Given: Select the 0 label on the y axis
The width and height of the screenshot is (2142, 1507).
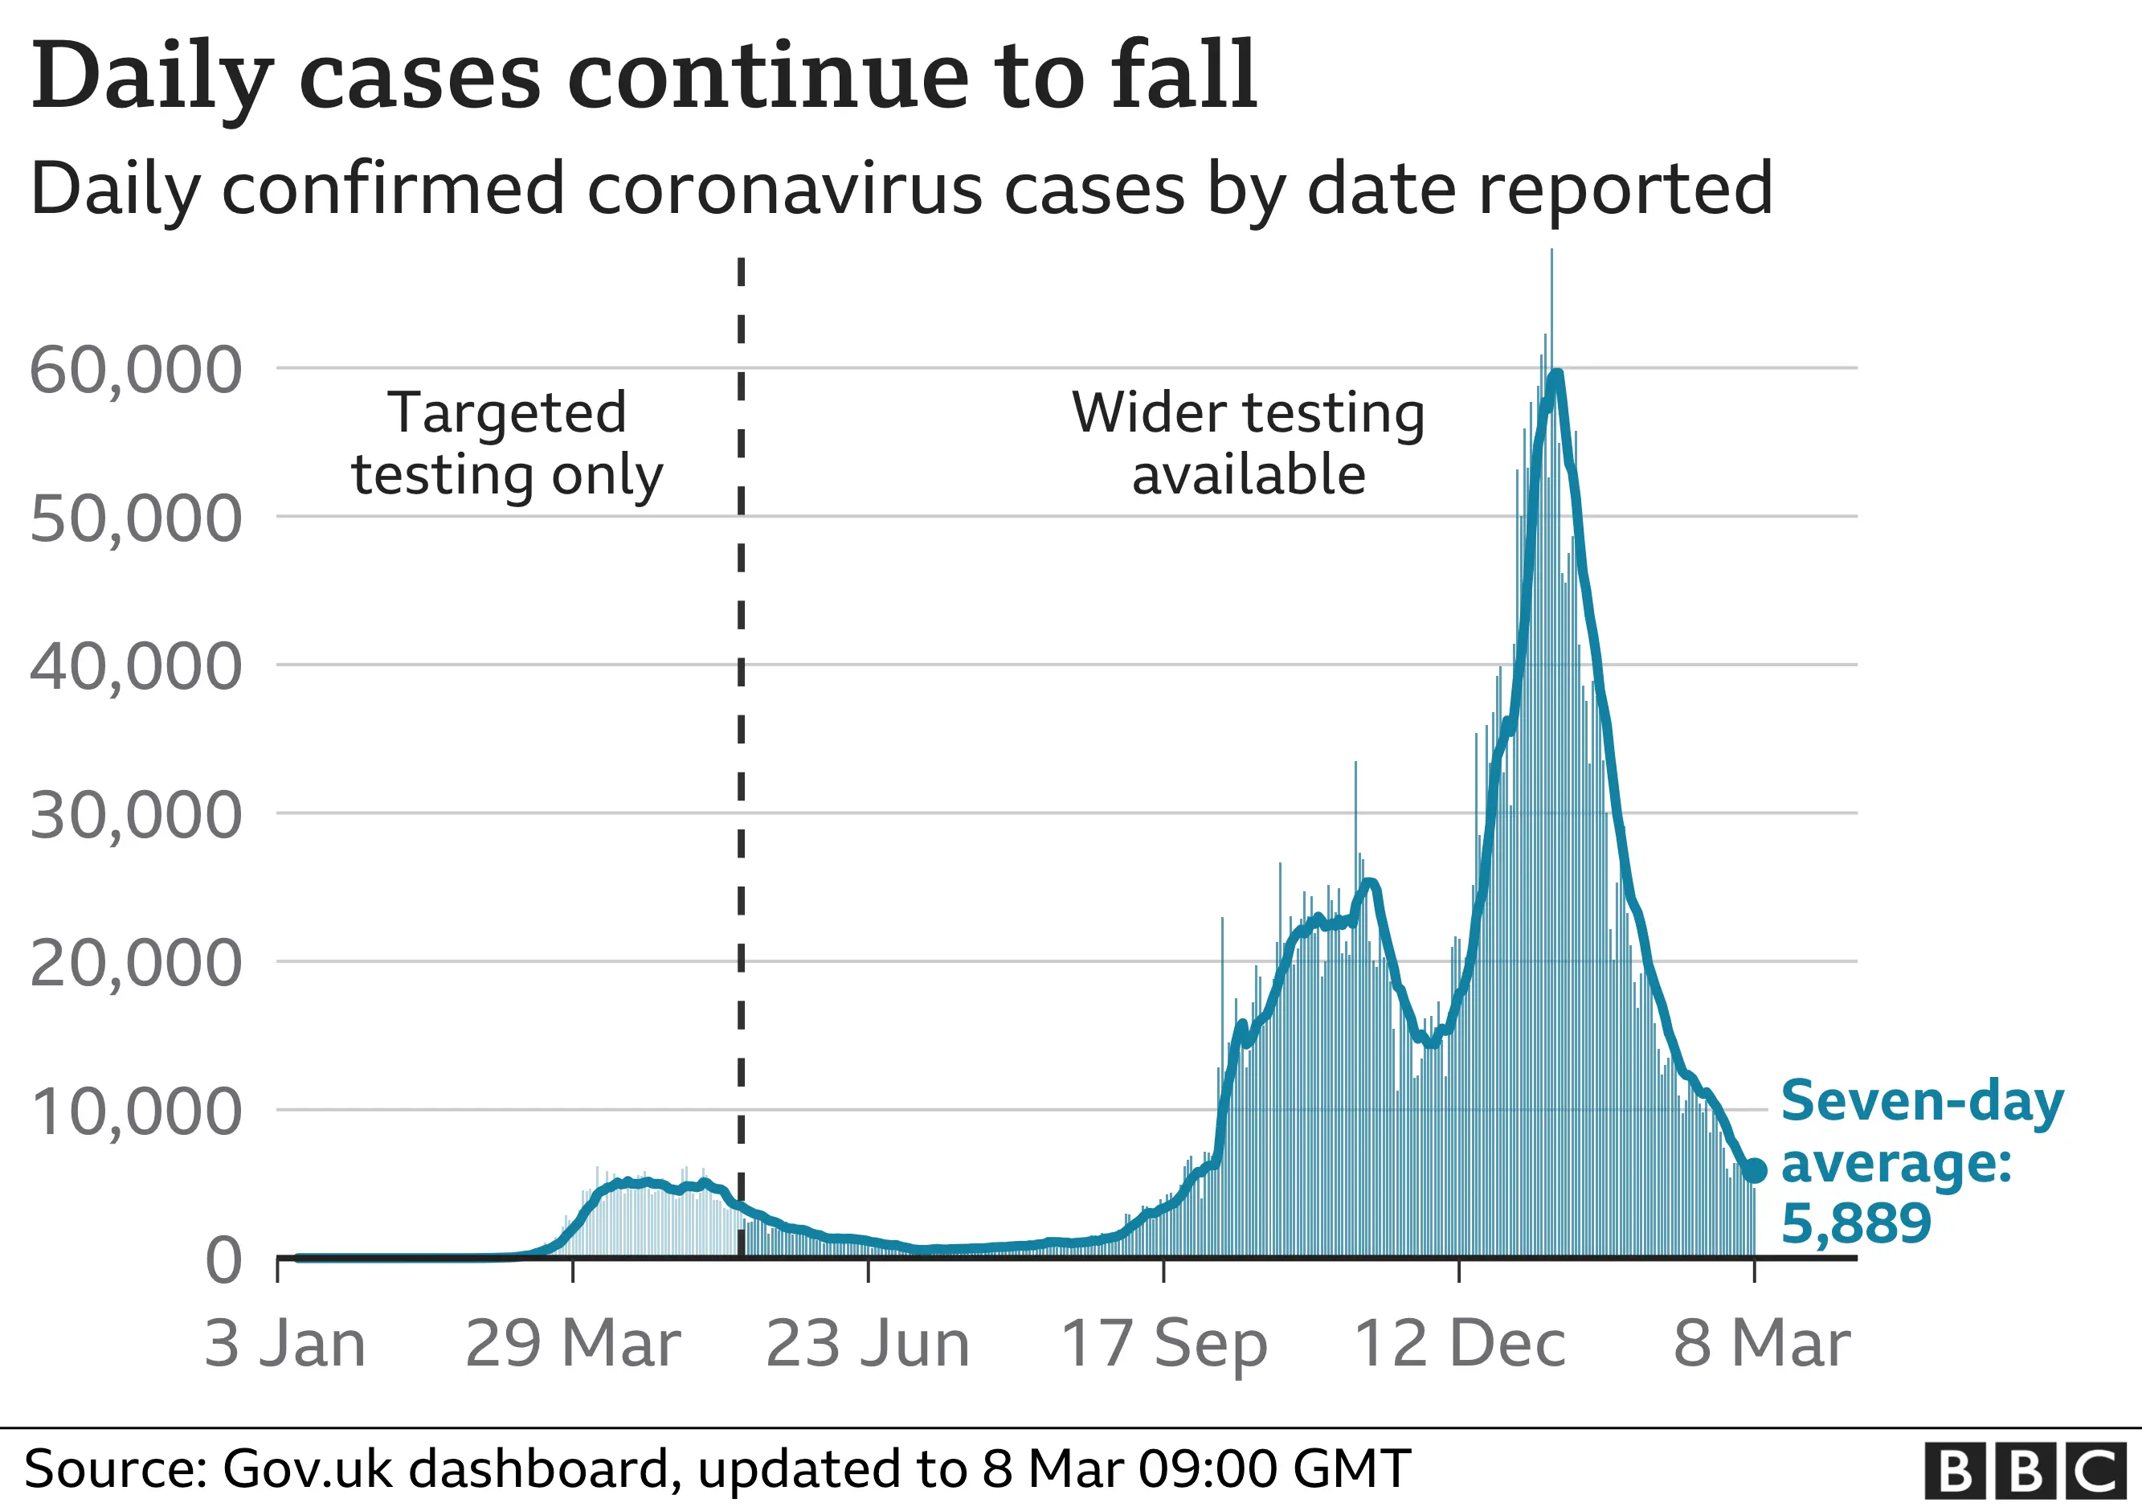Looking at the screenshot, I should (x=224, y=1260).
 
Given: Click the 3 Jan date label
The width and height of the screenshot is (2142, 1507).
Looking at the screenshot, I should (x=284, y=1345).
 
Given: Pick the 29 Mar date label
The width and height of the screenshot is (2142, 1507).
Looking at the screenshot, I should (x=573, y=1345).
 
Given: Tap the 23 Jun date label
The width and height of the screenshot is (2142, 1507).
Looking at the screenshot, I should (x=868, y=1345).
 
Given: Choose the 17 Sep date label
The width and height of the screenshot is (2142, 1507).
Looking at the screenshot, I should (x=1163, y=1345).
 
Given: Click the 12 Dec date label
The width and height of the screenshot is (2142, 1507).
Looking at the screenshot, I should (x=1459, y=1345).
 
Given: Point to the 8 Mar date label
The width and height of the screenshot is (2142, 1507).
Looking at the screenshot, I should (x=1761, y=1345).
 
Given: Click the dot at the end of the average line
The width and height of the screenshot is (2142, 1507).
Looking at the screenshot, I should (x=1755, y=1170).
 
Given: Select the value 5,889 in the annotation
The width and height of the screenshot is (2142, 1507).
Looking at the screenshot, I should (x=1856, y=1223).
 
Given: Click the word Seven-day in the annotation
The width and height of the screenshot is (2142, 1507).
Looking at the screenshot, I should (x=1922, y=1102).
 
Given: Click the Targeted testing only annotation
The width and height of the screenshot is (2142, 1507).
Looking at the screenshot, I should (x=507, y=444).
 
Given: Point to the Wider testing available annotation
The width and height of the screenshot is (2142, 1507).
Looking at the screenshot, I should (x=1249, y=444).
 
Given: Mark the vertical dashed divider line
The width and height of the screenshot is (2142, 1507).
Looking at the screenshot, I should (x=741, y=747).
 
